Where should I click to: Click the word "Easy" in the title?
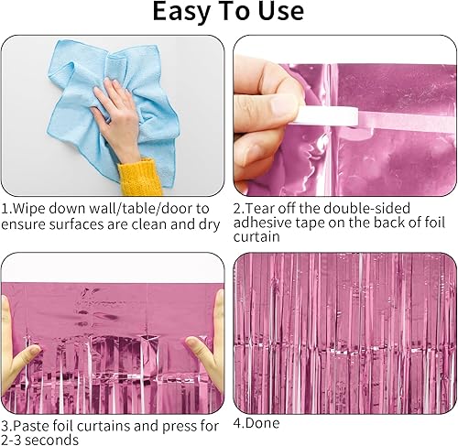(180, 12)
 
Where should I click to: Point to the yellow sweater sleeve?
(139, 177)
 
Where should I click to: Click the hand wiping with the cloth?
(117, 119)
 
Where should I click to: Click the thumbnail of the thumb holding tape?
(281, 104)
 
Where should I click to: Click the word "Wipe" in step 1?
(29, 209)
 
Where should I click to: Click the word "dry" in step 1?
(209, 225)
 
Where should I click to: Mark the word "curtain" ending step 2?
(256, 237)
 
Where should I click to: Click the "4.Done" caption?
(256, 423)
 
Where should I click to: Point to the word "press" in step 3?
(178, 427)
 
